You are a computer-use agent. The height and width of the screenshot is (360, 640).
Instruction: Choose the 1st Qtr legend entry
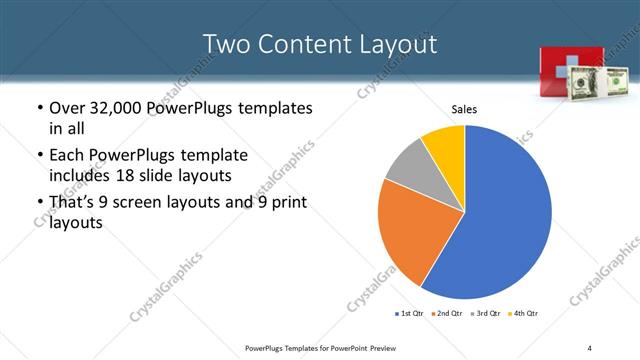coord(409,314)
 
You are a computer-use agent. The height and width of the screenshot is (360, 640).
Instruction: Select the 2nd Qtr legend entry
coord(446,314)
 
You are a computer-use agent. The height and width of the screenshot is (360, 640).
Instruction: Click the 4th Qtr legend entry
coord(524,314)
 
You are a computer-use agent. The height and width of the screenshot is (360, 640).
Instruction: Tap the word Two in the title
coord(224,44)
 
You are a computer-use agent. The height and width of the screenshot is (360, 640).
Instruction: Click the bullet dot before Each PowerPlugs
coord(39,156)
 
